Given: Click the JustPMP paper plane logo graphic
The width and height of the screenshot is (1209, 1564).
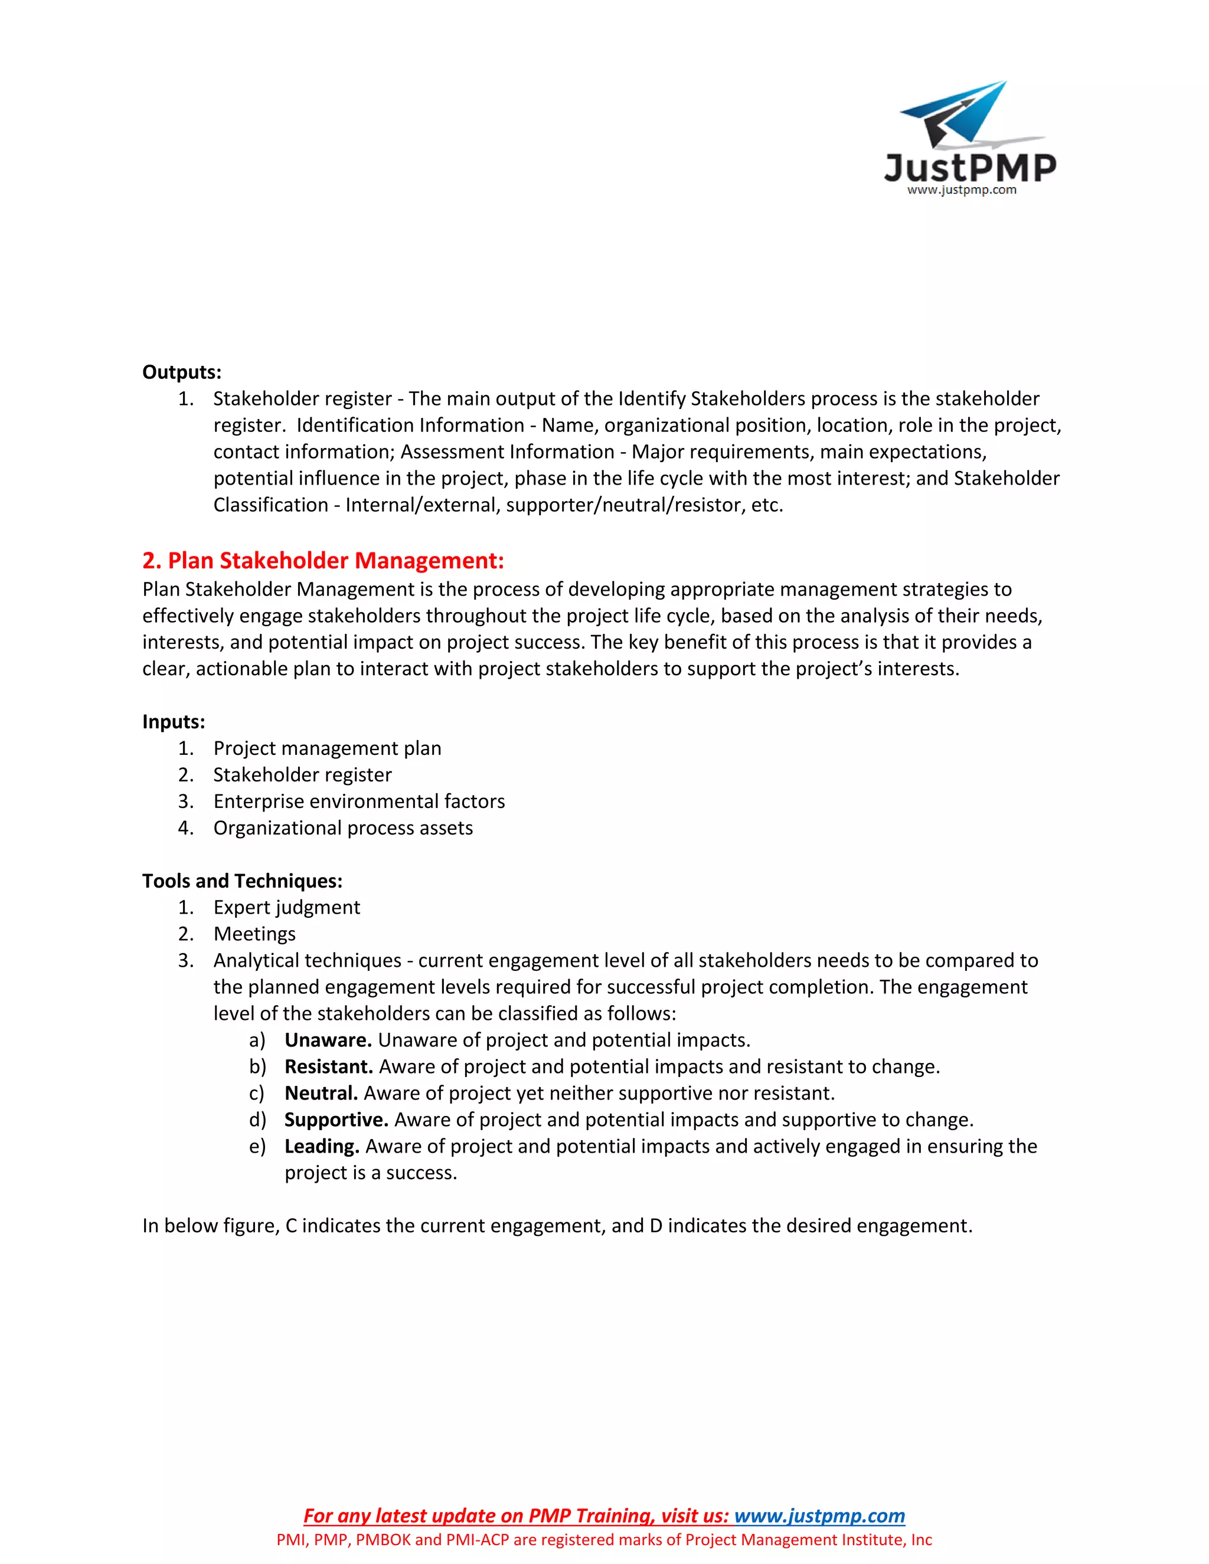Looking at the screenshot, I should [957, 114].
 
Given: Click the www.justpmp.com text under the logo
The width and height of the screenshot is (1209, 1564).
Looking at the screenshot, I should [961, 190].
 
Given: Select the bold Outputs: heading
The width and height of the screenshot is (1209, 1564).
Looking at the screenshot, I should [182, 372].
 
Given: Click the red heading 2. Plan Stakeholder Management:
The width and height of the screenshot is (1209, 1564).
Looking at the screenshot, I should [323, 561].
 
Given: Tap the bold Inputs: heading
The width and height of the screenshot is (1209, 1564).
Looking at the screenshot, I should [174, 722].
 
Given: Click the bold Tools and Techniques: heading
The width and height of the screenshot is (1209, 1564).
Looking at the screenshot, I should [242, 881].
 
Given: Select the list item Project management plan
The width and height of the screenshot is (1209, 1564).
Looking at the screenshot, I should [327, 748].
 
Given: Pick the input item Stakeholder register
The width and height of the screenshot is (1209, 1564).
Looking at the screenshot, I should [302, 775].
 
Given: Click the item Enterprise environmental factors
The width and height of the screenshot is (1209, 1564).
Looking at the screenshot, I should [359, 801].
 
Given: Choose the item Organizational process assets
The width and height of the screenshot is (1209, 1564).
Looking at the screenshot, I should [343, 828].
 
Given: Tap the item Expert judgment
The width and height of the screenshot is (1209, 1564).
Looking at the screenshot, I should [286, 907].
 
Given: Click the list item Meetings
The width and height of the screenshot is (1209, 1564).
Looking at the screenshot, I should [254, 934].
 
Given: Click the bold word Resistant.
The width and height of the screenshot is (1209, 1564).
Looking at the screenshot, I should [329, 1066].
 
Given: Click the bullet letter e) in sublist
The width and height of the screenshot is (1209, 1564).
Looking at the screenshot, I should [257, 1147].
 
